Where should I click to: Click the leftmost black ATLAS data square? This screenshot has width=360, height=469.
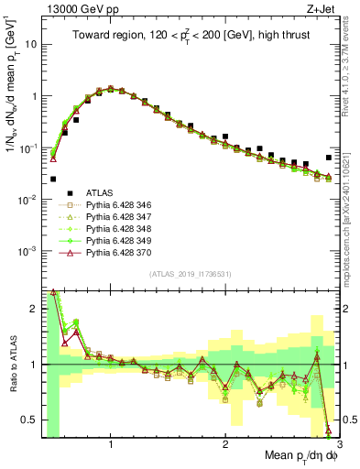pyautogui.click(x=53, y=179)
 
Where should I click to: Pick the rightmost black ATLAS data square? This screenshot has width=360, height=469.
pyautogui.click(x=329, y=158)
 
